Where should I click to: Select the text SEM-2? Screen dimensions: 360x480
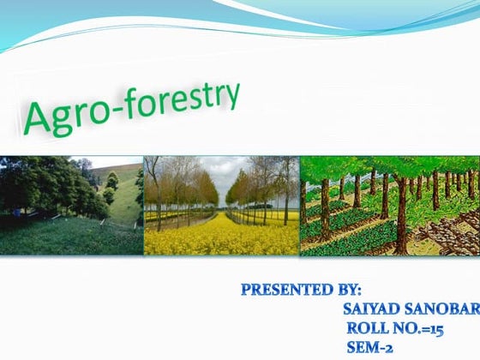[x=369, y=347]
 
